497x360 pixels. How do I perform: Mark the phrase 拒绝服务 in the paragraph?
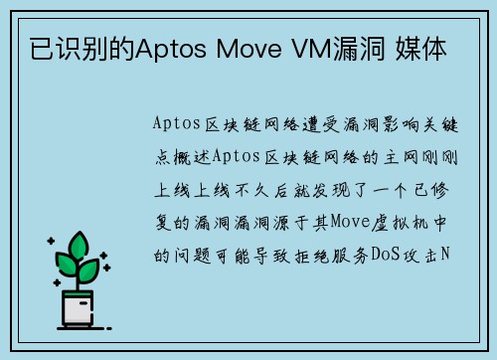tap(318, 255)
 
